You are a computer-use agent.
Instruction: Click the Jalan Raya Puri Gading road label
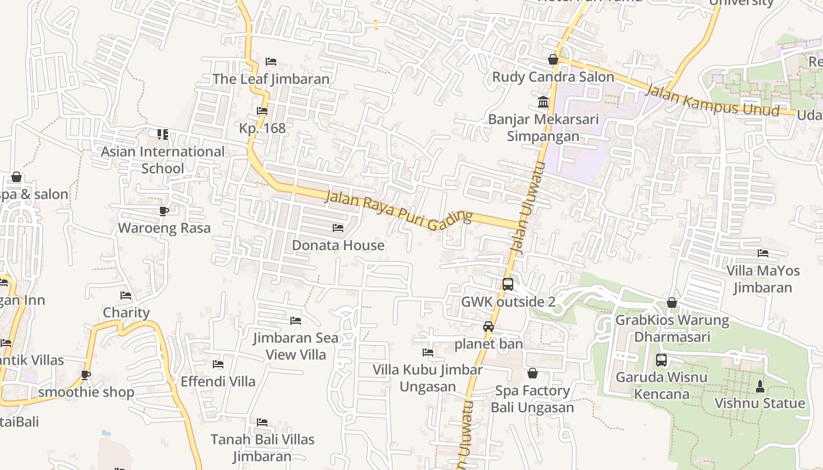point(399,209)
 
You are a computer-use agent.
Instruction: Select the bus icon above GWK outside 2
point(508,284)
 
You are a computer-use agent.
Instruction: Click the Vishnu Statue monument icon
point(760,386)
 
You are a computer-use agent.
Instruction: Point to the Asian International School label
point(162,160)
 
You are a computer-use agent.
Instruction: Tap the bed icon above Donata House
point(338,228)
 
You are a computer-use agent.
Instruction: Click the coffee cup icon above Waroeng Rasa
point(164,211)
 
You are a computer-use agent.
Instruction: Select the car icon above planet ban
point(489,327)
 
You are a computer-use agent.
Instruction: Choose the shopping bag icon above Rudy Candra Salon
point(553,59)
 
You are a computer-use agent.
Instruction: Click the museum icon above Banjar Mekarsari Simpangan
point(543,102)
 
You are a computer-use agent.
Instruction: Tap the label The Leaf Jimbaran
point(271,79)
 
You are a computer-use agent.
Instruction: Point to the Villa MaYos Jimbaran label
point(763,279)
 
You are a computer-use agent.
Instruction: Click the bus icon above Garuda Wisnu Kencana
point(661,360)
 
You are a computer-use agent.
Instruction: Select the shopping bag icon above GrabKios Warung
point(672,303)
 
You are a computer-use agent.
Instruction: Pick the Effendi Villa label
point(218,381)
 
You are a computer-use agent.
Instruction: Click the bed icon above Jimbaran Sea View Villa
point(296,321)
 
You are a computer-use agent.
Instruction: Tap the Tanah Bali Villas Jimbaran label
point(262,448)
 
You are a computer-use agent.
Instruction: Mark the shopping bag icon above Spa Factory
point(533,374)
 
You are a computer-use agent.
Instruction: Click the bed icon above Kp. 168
point(262,111)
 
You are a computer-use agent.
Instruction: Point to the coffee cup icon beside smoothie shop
point(86,375)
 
